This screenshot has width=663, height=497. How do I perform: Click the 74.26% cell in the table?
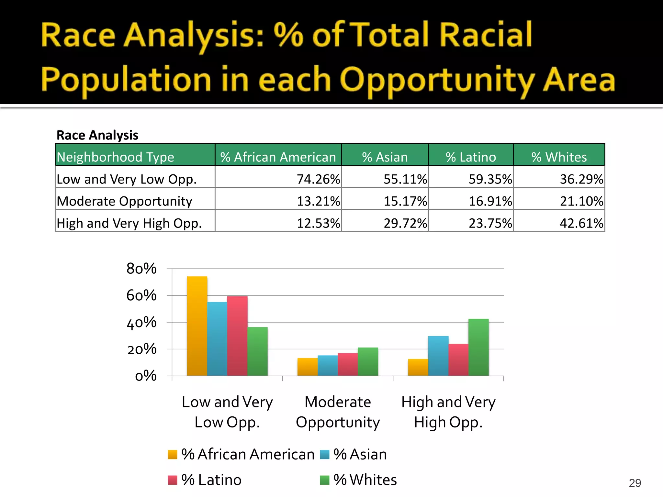318,179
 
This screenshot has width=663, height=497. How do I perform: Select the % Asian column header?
385,157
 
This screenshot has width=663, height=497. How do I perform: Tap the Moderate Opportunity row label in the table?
124,201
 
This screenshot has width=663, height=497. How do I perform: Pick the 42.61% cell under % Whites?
581,223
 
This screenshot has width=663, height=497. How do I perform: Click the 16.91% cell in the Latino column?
490,201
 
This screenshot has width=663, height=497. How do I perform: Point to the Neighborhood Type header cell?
116,157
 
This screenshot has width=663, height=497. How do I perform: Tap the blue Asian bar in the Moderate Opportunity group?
327,366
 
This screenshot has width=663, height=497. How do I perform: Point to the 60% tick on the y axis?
141,295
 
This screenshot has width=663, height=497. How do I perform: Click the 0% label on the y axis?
146,376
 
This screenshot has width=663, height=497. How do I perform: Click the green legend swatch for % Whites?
324,480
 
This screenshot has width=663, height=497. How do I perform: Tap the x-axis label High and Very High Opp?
448,412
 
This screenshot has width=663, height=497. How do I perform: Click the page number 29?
635,483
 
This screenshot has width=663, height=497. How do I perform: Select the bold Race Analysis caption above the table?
97,135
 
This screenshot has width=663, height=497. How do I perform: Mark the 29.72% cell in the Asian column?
405,223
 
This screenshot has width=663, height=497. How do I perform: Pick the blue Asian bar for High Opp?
438,356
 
